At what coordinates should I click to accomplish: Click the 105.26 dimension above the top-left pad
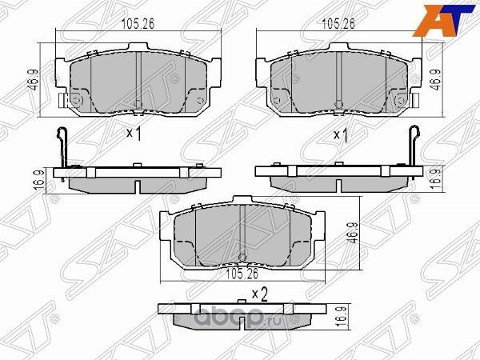coord(138,23)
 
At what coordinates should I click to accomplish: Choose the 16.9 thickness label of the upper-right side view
coord(437,175)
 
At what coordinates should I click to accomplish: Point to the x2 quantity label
coord(258,294)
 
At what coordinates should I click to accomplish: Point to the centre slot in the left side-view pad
coord(137,186)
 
